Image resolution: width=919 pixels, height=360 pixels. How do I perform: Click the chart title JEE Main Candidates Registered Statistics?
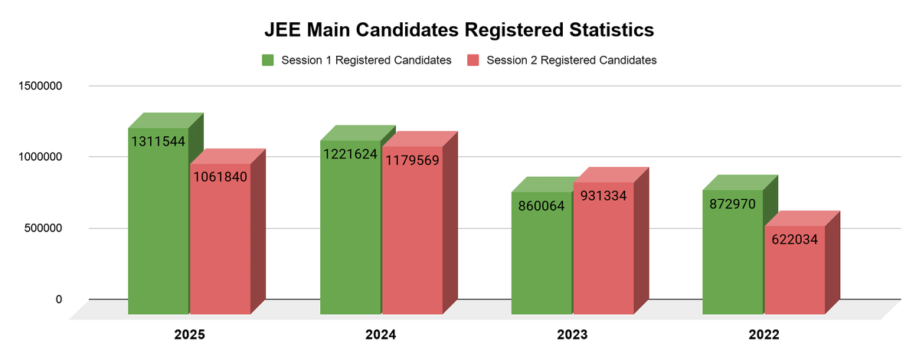pyautogui.click(x=459, y=30)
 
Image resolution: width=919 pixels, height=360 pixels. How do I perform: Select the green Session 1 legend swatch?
pyautogui.click(x=269, y=60)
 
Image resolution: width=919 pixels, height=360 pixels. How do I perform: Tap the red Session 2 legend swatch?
pyautogui.click(x=473, y=60)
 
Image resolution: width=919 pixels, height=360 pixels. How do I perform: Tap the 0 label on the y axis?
pyautogui.click(x=58, y=299)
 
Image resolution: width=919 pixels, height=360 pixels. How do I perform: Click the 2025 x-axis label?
pyautogui.click(x=189, y=335)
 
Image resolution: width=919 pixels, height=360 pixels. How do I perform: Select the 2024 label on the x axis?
pyautogui.click(x=381, y=335)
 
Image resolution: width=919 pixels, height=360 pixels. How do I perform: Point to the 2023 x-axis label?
pyautogui.click(x=572, y=335)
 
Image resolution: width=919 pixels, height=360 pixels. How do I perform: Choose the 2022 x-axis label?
pyautogui.click(x=764, y=335)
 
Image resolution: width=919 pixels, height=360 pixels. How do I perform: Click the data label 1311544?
pyautogui.click(x=158, y=142)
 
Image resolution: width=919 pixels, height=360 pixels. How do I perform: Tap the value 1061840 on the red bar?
pyautogui.click(x=221, y=178)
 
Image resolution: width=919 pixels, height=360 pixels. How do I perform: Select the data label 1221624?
pyautogui.click(x=350, y=154)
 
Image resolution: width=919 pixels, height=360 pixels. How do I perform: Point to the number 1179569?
pyautogui.click(x=412, y=160)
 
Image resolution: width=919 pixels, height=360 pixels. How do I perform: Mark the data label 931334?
pyautogui.click(x=603, y=195)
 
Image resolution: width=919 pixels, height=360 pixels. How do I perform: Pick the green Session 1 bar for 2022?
pyautogui.click(x=733, y=260)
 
